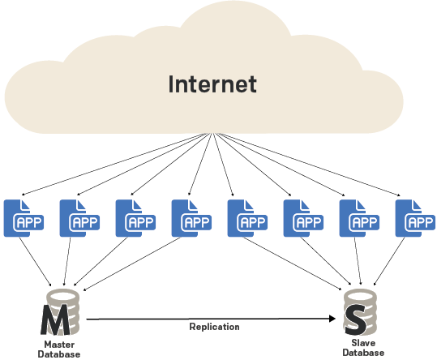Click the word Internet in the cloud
pos(212,84)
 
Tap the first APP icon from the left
pos(24,218)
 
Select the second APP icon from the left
pos(79,218)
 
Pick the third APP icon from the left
pos(135,218)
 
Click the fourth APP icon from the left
pos(191,218)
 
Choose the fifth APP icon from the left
pos(247,218)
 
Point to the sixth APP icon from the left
pos(303,218)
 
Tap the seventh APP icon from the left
pos(359,218)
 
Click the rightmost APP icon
pos(415,218)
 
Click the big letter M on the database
pos(56,319)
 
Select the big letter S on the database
pos(355,319)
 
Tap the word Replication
pos(214,327)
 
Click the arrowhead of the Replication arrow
pos(332,319)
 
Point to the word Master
pos(59,345)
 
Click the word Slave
pos(363,343)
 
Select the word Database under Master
pos(59,354)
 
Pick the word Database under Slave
pos(363,353)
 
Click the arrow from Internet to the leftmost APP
pos(115,164)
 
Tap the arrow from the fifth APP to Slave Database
pos(293,264)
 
